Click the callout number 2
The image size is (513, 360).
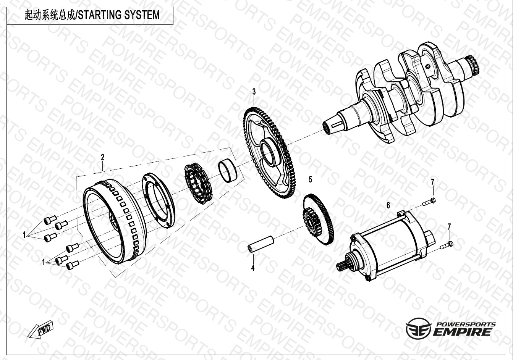pyautogui.click(x=103, y=157)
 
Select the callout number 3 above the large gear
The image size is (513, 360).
pyautogui.click(x=254, y=92)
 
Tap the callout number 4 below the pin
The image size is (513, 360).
pyautogui.click(x=253, y=268)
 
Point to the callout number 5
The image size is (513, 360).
pyautogui.click(x=310, y=179)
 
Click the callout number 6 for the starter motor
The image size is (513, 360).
pyautogui.click(x=388, y=205)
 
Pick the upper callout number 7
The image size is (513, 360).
pyautogui.click(x=432, y=182)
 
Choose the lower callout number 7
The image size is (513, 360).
pyautogui.click(x=449, y=227)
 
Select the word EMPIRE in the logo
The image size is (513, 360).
pyautogui.click(x=462, y=332)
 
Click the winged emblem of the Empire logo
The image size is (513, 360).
pyautogui.click(x=418, y=328)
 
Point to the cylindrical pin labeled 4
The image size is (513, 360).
pyautogui.click(x=261, y=244)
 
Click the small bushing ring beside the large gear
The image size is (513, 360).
pyautogui.click(x=227, y=171)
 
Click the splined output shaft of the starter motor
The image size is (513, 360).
pyautogui.click(x=342, y=266)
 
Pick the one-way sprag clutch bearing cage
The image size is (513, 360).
pyautogui.click(x=198, y=182)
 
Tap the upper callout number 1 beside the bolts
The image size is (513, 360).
pyautogui.click(x=24, y=235)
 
